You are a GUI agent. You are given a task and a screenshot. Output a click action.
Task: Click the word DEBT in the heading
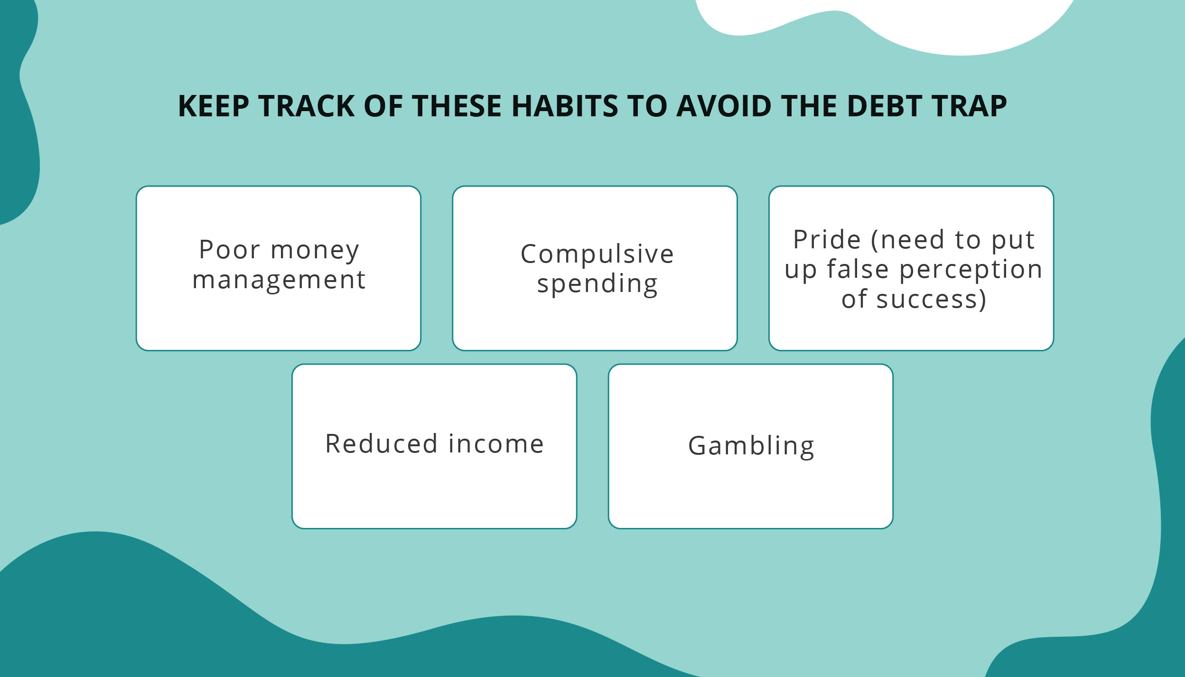pos(884,106)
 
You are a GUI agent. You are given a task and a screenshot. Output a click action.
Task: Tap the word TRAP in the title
pos(969,106)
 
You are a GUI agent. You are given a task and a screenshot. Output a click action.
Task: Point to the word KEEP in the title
pos(214,106)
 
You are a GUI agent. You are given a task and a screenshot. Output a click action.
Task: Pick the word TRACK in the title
pos(307,106)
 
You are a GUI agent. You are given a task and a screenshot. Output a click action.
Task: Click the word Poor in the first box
pos(230,250)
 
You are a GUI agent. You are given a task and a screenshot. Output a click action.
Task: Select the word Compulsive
pos(597,254)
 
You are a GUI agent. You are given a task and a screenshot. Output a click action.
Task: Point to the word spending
pos(597,284)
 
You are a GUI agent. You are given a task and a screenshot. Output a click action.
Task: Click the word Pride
pos(827,239)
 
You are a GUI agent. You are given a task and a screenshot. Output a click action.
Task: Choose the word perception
pos(970,270)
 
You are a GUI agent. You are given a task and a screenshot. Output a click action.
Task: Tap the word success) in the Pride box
pos(931,300)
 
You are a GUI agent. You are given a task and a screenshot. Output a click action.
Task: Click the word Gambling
pos(751,446)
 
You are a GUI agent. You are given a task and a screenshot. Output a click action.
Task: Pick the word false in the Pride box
pos(858,269)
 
